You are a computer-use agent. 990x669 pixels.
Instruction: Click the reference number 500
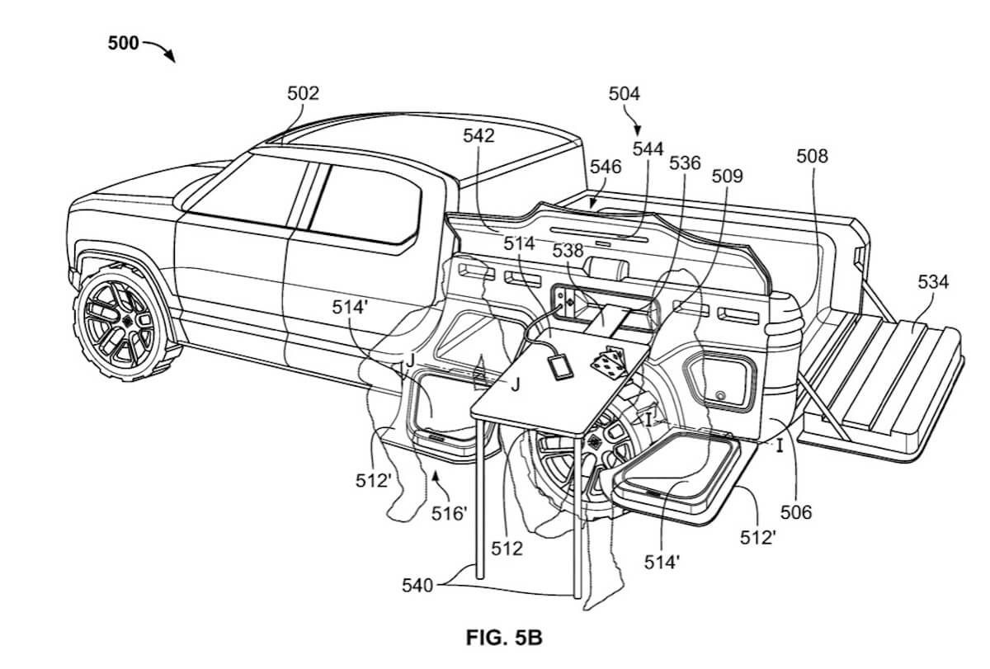coord(124,44)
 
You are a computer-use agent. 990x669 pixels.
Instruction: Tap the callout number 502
coord(303,93)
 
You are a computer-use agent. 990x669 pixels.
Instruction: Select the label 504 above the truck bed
coord(624,94)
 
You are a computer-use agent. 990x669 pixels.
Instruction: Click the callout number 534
coord(932,283)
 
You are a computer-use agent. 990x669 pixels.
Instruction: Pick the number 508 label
coord(813,156)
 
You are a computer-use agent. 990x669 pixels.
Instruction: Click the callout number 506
coord(796,512)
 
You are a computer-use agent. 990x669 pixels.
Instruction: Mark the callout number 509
coord(727,176)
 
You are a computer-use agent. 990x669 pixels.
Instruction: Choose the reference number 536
coord(685,163)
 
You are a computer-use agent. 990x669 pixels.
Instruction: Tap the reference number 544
coord(648,148)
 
